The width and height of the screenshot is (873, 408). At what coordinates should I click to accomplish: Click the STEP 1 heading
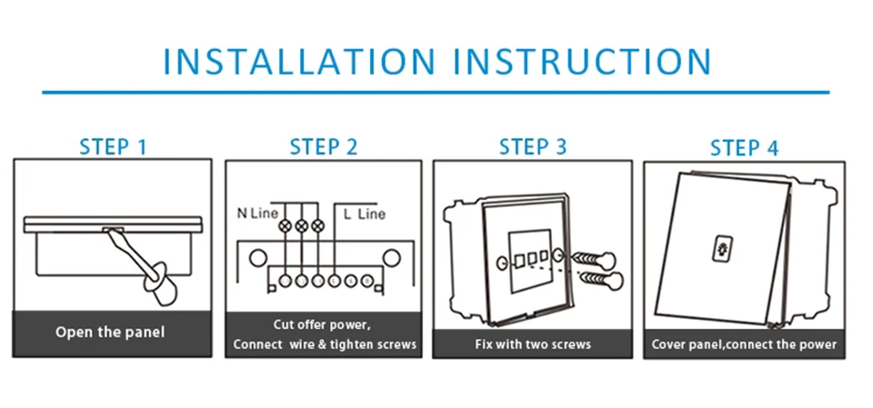click(x=113, y=147)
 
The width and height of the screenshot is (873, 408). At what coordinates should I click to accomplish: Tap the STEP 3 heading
click(x=533, y=146)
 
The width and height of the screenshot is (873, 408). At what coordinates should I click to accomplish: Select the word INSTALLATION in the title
click(x=299, y=61)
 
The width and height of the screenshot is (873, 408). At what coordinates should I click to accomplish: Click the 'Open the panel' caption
click(x=110, y=333)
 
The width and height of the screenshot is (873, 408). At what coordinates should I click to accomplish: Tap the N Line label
click(x=256, y=214)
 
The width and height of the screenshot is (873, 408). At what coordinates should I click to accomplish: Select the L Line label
click(x=364, y=214)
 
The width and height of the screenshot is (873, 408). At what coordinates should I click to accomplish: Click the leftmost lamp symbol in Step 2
click(x=286, y=226)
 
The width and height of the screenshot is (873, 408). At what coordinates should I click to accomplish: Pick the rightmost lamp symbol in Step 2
click(x=317, y=226)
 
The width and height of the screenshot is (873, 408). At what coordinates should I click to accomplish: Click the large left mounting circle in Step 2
click(x=257, y=258)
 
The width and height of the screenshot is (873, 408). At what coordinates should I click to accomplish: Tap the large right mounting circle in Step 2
click(x=392, y=258)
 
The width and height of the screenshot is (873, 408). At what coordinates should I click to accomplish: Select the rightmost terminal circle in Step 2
click(x=366, y=281)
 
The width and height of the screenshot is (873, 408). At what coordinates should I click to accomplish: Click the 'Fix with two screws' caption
click(x=533, y=344)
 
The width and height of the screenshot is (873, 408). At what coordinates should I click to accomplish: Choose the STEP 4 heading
click(x=744, y=148)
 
